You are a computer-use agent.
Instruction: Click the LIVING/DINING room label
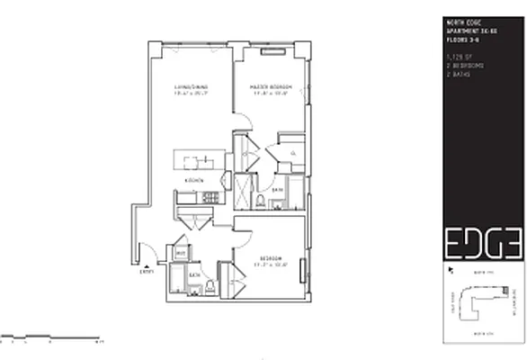click(191, 88)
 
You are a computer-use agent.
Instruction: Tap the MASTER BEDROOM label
click(269, 88)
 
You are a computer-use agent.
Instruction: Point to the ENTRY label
click(147, 269)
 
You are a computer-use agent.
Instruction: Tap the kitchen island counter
click(198, 162)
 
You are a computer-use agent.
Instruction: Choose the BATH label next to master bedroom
click(279, 191)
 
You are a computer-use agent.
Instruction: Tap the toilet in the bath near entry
click(210, 286)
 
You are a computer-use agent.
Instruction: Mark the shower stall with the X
click(243, 191)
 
